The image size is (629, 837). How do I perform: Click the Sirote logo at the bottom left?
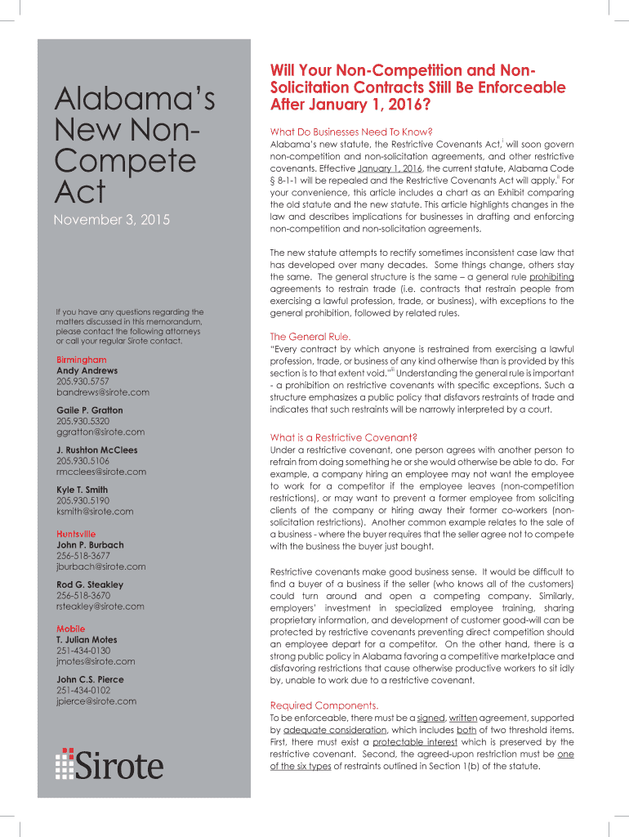[109, 763]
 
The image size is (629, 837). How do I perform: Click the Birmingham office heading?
[81, 360]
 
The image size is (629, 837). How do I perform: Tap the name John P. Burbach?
[90, 544]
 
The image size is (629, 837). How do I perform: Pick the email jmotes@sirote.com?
[95, 661]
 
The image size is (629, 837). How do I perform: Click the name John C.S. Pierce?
[90, 679]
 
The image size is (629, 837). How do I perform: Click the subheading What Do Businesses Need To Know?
[350, 132]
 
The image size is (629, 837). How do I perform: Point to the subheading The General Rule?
[310, 336]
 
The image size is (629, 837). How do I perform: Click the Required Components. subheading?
[323, 705]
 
